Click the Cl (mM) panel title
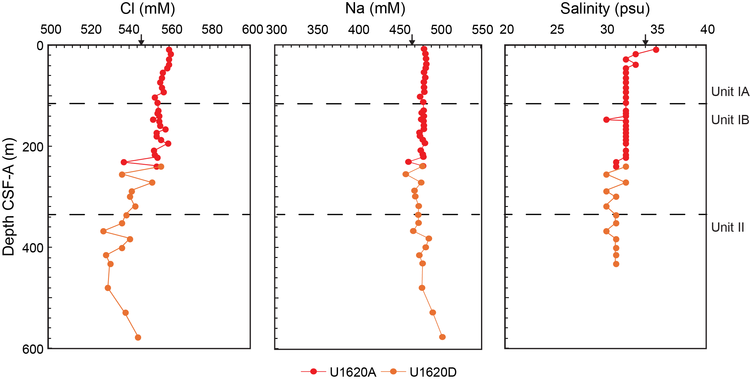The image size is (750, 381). coord(148,9)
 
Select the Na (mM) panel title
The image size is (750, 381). coord(375,9)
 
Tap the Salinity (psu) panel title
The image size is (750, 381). coord(605,9)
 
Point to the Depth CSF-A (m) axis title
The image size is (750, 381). coord(9,197)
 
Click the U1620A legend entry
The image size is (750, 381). coord(353,372)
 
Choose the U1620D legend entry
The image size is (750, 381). coord(433,372)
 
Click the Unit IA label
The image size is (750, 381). coord(730,92)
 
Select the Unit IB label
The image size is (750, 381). coord(730,120)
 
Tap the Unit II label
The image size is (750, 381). coord(727,227)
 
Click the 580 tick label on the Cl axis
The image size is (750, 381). coord(212,30)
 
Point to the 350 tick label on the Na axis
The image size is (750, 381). coord(318,30)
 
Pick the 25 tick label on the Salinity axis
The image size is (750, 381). coord(557,30)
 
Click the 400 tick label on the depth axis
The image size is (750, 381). coord(33,248)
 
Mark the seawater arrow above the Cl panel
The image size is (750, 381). coord(141,40)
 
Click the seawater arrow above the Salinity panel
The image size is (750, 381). coord(645,40)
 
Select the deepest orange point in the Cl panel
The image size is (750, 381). coord(138,337)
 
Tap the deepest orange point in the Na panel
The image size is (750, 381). coord(442,337)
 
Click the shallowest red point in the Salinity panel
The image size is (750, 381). coord(656,50)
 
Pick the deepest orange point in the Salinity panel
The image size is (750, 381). coord(616,264)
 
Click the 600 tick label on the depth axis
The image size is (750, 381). coord(33,349)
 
